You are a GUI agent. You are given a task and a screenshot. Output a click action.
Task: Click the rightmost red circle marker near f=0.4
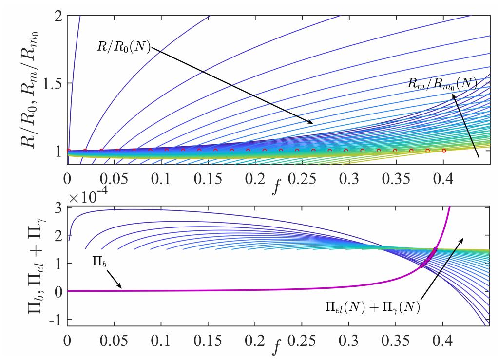point(443,151)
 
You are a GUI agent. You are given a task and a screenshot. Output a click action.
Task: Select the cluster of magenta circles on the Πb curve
point(428,257)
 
